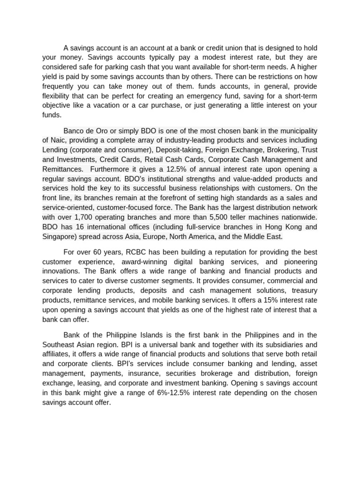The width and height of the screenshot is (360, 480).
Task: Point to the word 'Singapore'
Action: coord(58,237)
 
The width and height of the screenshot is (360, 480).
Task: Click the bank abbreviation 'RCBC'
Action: coord(136,252)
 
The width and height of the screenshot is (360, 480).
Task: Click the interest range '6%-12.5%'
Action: coord(143,393)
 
